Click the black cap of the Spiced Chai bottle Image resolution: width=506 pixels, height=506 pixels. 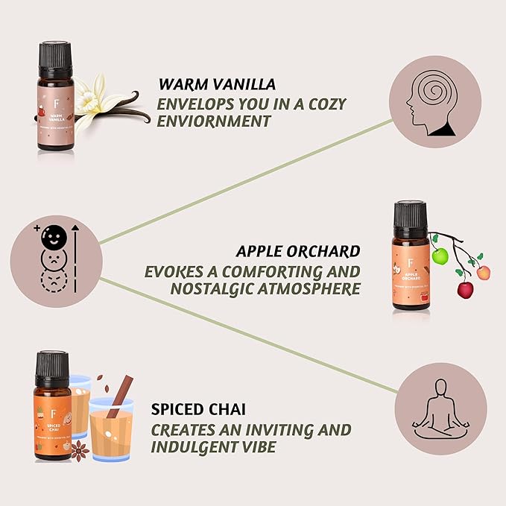coord(52,365)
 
